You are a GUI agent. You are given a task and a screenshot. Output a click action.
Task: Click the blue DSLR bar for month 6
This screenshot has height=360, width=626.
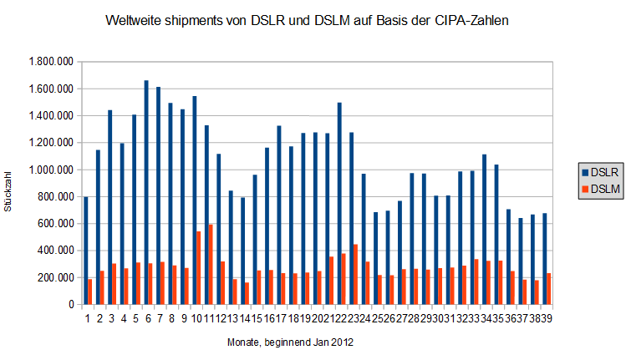coord(146,192)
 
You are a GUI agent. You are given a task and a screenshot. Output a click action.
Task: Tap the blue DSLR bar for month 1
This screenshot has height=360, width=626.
coord(86,251)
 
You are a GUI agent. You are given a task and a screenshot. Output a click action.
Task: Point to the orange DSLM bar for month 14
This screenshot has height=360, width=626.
coord(247,293)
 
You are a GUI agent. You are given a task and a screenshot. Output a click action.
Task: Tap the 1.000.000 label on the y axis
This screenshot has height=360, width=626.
coord(51,170)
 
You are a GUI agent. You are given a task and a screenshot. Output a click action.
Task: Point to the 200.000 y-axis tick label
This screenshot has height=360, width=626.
coord(56,277)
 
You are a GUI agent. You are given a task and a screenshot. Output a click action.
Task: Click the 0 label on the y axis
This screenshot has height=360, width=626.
coord(71,305)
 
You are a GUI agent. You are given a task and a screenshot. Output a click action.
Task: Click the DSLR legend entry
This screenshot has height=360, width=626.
coord(605,172)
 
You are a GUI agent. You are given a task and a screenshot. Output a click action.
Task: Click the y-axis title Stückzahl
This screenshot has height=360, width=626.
coord(9,185)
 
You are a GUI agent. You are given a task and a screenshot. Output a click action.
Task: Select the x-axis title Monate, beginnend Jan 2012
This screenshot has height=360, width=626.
coord(284,342)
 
